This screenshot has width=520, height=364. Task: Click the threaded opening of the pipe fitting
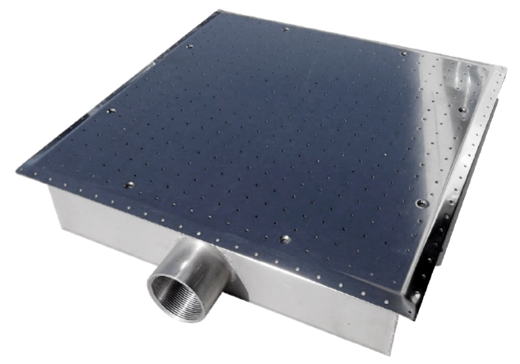pos(174,293)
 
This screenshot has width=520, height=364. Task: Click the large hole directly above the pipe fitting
pos(285,239)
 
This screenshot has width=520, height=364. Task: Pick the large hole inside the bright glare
pos(462,109)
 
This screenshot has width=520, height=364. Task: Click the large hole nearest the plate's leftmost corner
pos(129,184)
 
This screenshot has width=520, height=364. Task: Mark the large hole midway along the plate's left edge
pos(111,109)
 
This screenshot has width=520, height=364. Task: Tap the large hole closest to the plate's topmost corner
pos(284,29)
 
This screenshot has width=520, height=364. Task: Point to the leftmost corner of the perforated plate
pos(16,170)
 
